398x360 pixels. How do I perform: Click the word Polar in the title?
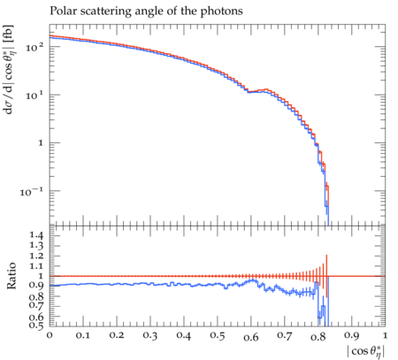[x=61, y=11]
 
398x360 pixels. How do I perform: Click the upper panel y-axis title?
[x=10, y=70]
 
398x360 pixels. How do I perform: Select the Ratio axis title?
[x=11, y=276]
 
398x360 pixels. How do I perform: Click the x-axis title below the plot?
[x=366, y=351]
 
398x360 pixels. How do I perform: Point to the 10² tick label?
[x=34, y=47]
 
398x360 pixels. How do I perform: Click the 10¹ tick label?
[x=34, y=95]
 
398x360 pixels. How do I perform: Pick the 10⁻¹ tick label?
[x=32, y=192]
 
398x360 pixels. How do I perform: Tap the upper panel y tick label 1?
[x=41, y=143]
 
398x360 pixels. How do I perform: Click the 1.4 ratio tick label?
[x=36, y=235]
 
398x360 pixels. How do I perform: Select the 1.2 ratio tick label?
[x=36, y=256]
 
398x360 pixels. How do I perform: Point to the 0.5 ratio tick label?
[x=36, y=325]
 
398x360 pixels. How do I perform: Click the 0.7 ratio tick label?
[x=36, y=304]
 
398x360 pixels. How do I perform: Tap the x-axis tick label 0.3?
[x=150, y=335]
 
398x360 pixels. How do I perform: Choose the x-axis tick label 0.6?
[x=251, y=336]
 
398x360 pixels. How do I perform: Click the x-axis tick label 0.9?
[x=352, y=335]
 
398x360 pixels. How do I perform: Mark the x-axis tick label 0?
[x=50, y=335]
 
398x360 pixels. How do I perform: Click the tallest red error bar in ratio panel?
[x=326, y=276]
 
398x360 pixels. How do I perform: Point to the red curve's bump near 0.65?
[x=266, y=89]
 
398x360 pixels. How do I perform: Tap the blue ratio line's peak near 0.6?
[x=253, y=280]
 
